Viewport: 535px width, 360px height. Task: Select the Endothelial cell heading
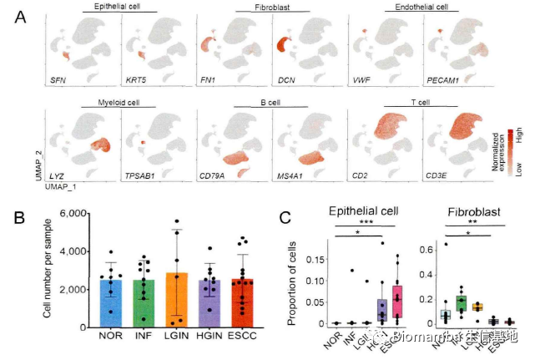[410, 8]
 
